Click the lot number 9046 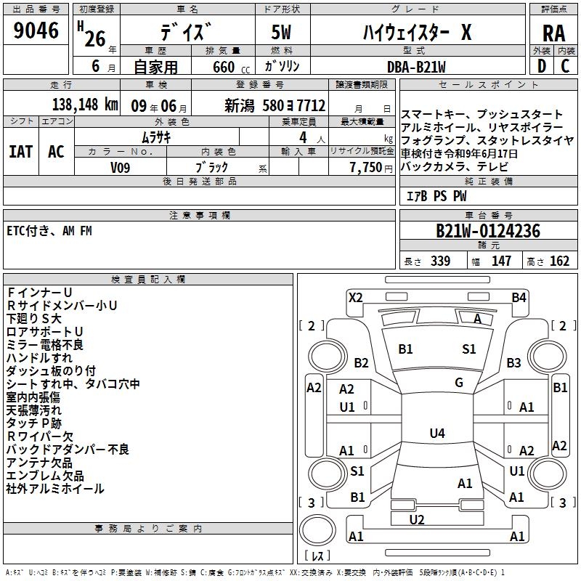click(36, 31)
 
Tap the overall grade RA click(553, 33)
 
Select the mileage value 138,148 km click(85, 105)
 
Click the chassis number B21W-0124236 click(488, 231)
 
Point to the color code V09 click(120, 168)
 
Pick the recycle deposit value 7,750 click(366, 168)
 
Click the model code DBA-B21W click(416, 67)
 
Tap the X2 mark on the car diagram click(355, 298)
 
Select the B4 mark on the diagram click(519, 298)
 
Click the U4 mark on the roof click(437, 433)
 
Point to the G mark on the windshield click(459, 383)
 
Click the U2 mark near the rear click(417, 519)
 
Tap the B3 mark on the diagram click(513, 362)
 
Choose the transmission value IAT click(21, 152)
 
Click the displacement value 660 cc click(231, 68)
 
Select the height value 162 click(559, 261)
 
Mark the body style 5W click(281, 32)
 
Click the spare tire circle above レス click(317, 530)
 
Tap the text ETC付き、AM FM click(49, 231)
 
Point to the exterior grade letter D click(542, 66)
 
